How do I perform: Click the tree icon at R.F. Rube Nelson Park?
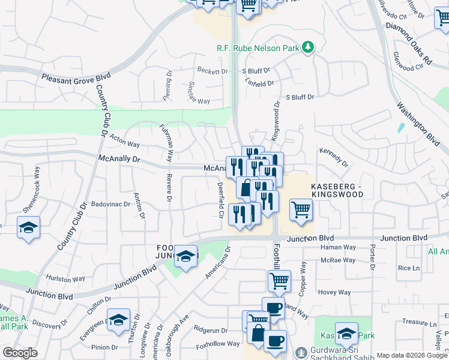click(x=309, y=47)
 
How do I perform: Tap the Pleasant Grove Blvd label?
click(x=77, y=77)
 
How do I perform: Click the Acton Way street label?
click(x=125, y=141)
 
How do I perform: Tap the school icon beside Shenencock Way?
click(x=28, y=228)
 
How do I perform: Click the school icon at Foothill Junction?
click(x=186, y=257)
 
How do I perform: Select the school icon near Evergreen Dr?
click(x=118, y=320)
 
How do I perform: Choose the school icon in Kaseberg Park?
click(x=346, y=334)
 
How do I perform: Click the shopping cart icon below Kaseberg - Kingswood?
click(x=301, y=211)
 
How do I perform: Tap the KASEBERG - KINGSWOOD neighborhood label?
click(x=337, y=190)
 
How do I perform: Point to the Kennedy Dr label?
click(x=334, y=157)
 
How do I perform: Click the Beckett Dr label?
click(x=212, y=71)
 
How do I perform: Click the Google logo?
click(x=20, y=353)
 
